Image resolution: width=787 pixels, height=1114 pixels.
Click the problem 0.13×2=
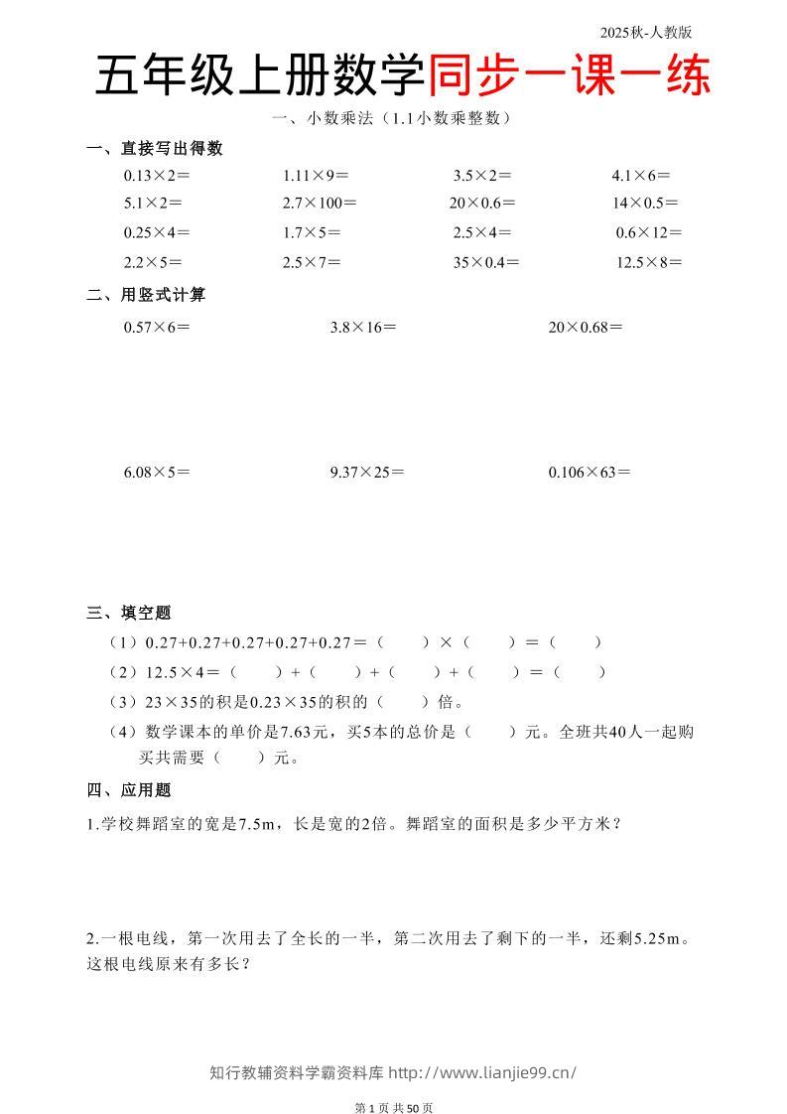point(156,176)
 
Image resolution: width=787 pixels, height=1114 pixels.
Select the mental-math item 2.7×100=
point(319,204)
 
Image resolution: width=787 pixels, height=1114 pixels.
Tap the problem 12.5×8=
point(649,263)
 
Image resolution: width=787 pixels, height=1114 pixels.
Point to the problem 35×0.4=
point(486,263)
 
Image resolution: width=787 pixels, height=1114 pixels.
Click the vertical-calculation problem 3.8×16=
point(362,327)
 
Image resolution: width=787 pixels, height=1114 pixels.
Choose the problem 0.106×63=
point(589,473)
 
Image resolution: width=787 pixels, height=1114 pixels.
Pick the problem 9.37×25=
point(366,473)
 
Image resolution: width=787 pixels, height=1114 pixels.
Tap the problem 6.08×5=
point(156,473)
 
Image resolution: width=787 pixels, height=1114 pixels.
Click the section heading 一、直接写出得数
point(155,149)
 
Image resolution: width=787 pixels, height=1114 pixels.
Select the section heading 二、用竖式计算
point(147,295)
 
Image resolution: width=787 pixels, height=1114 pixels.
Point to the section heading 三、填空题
point(129,613)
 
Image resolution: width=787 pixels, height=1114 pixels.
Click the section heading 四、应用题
point(129,790)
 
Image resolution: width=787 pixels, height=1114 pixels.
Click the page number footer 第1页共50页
point(394,1107)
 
